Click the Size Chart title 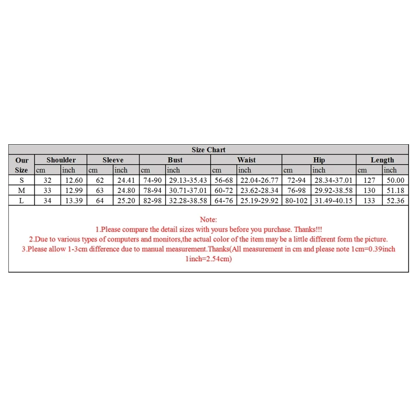[x=208, y=150]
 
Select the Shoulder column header [x=61, y=160]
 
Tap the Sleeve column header [x=113, y=160]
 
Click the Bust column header [x=175, y=160]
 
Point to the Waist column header [x=246, y=160]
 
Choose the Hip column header [x=319, y=160]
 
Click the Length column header [x=382, y=160]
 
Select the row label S [x=21, y=180]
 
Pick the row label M [x=21, y=190]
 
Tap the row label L [x=21, y=201]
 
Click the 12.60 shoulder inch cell [x=73, y=180]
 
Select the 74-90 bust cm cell [x=153, y=180]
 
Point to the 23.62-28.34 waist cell [x=259, y=190]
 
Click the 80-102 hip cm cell [x=296, y=201]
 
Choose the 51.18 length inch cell [x=394, y=190]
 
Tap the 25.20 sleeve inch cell [x=126, y=201]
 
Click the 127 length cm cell [x=369, y=180]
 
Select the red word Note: [x=208, y=220]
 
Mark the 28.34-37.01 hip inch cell [x=333, y=180]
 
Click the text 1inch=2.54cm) [x=208, y=259]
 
